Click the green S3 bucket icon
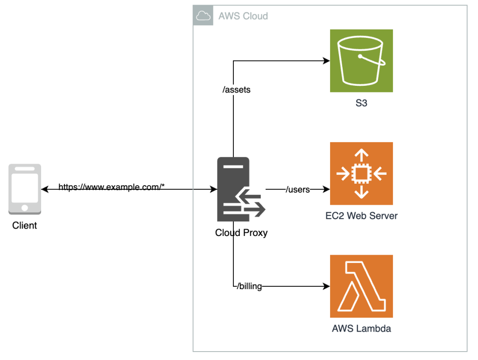pyautogui.click(x=361, y=61)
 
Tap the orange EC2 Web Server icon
pyautogui.click(x=361, y=173)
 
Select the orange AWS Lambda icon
pyautogui.click(x=361, y=286)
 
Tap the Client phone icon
pyautogui.click(x=25, y=189)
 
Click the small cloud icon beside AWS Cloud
pyautogui.click(x=203, y=16)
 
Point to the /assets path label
pyautogui.click(x=236, y=90)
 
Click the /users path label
pyautogui.click(x=298, y=189)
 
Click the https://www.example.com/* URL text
pyautogui.click(x=112, y=187)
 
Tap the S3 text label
pyautogui.click(x=361, y=103)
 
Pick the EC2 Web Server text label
pyautogui.click(x=361, y=216)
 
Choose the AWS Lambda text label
pyautogui.click(x=361, y=328)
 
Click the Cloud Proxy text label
pyautogui.click(x=241, y=232)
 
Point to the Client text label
pyautogui.click(x=25, y=226)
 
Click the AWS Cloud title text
pyautogui.click(x=243, y=16)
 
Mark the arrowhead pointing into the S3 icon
pyautogui.click(x=327, y=61)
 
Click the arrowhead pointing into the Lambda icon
pyautogui.click(x=327, y=286)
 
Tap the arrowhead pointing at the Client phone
pyautogui.click(x=44, y=189)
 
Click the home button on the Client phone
pyautogui.click(x=25, y=207)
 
